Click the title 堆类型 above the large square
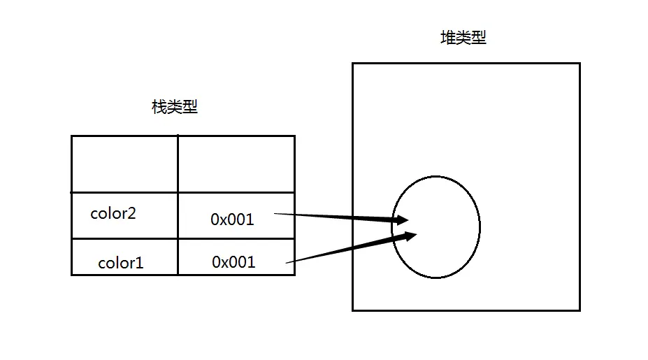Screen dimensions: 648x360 463,38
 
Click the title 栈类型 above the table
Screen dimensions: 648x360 175,107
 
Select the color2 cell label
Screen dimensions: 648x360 113,214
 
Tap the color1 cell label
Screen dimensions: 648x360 120,264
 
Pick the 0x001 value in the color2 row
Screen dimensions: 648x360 232,219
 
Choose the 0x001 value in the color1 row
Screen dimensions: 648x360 233,262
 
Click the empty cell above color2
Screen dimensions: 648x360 124,164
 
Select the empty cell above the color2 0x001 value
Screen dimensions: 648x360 236,164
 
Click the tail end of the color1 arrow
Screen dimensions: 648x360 288,262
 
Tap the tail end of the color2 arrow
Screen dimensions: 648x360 275,213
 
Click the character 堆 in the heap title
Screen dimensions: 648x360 447,38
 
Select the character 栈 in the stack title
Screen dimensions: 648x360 159,107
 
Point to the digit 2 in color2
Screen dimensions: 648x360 131,214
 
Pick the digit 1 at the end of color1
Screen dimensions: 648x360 140,264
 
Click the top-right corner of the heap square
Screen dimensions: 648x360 579,64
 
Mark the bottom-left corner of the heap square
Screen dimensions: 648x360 352,310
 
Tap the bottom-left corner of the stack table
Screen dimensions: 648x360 72,275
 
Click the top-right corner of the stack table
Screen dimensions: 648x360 294,136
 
